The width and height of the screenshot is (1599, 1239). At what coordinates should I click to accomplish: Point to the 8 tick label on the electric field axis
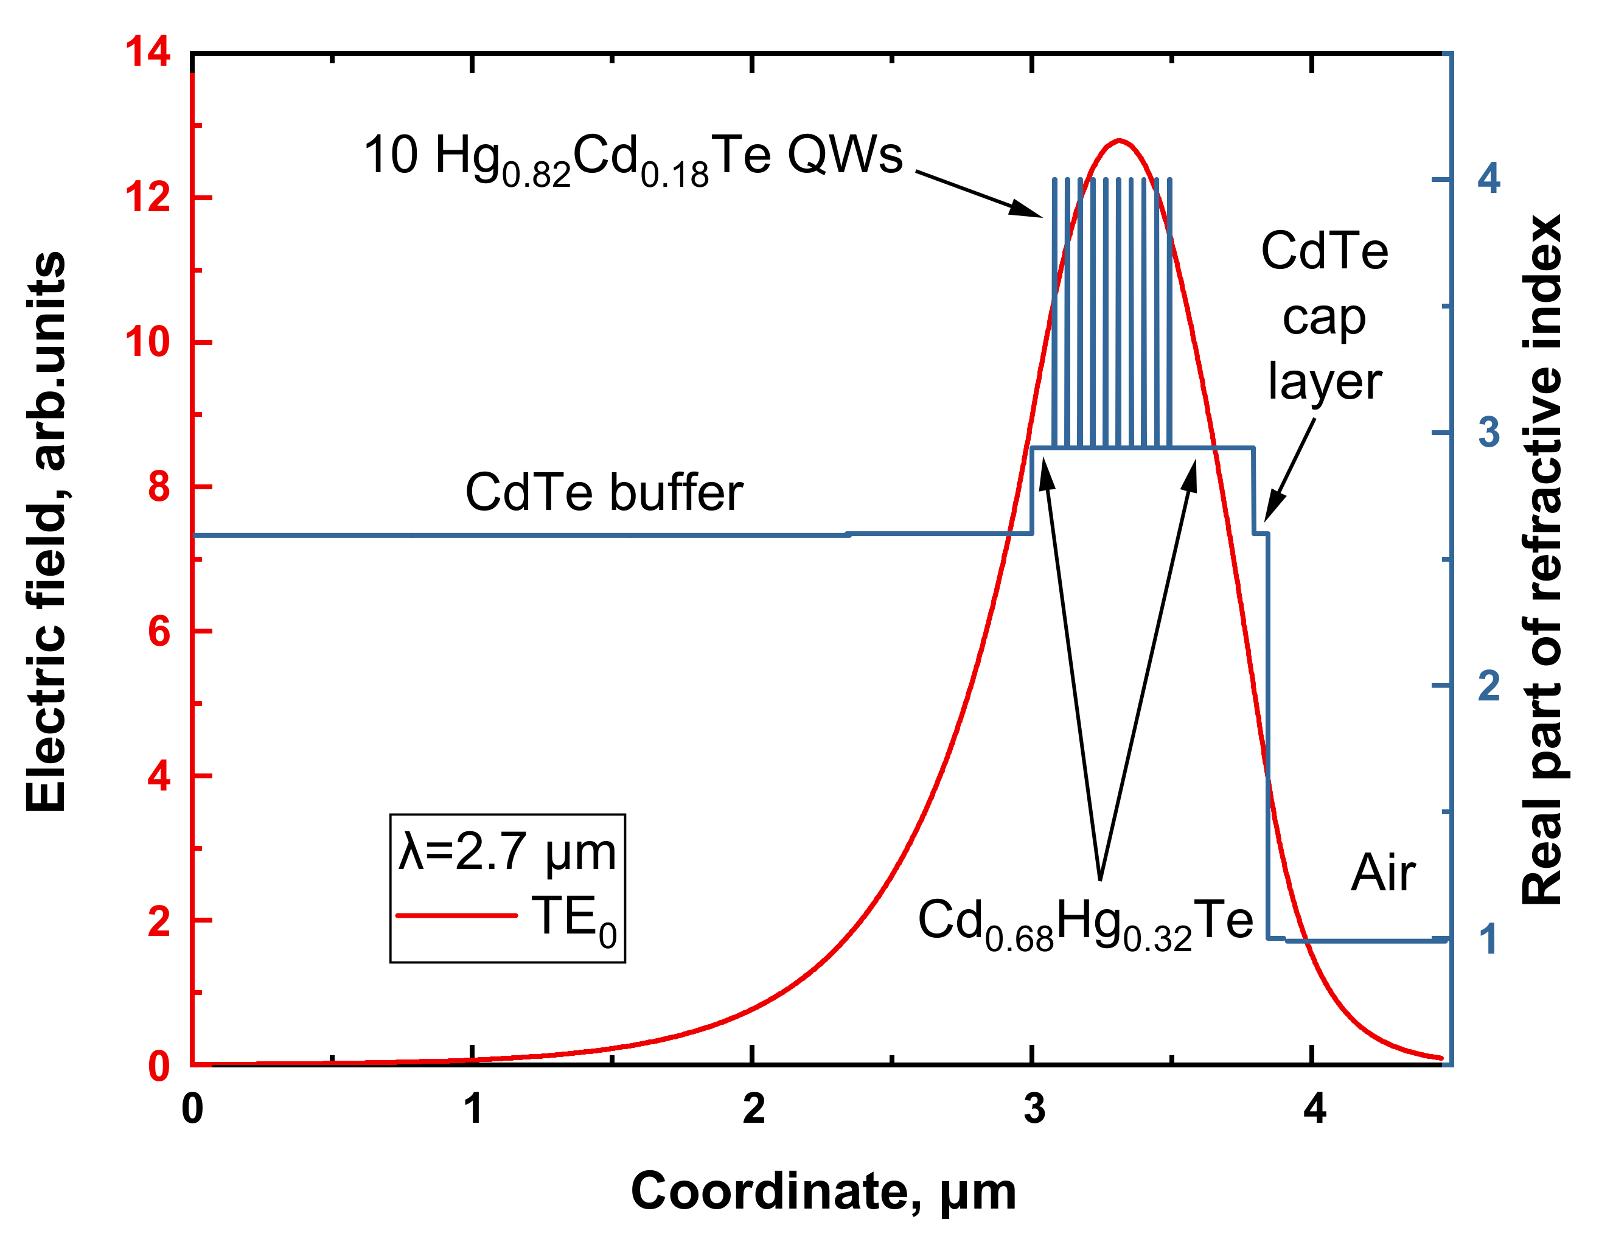click(x=159, y=487)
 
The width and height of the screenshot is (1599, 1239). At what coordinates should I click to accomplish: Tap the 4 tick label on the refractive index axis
click(x=1488, y=179)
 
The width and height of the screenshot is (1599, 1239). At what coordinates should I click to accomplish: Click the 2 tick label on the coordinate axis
click(x=753, y=1109)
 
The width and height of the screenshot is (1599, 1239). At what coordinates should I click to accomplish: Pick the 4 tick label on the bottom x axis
click(x=1314, y=1109)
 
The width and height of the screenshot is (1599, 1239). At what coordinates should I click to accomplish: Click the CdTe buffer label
click(x=604, y=493)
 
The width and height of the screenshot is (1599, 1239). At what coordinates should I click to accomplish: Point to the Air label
click(x=1383, y=874)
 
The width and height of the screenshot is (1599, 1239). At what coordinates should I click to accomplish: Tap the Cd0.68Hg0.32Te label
click(x=1085, y=924)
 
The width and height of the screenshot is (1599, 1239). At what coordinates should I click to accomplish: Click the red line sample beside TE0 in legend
click(x=456, y=916)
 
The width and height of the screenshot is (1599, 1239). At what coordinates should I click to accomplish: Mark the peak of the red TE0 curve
click(x=1119, y=140)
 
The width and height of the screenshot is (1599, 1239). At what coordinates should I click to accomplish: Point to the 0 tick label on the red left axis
click(x=159, y=1066)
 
